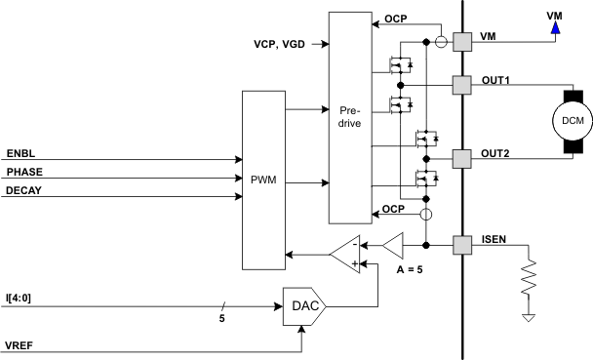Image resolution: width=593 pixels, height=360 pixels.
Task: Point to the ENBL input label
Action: click(21, 154)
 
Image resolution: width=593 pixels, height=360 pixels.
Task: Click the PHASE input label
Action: click(24, 173)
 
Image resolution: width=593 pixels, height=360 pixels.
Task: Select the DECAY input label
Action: click(24, 191)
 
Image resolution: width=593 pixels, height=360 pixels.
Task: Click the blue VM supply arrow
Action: click(555, 27)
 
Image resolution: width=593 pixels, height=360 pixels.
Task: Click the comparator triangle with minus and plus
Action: click(344, 256)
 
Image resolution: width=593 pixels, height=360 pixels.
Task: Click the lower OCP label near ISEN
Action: click(392, 210)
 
